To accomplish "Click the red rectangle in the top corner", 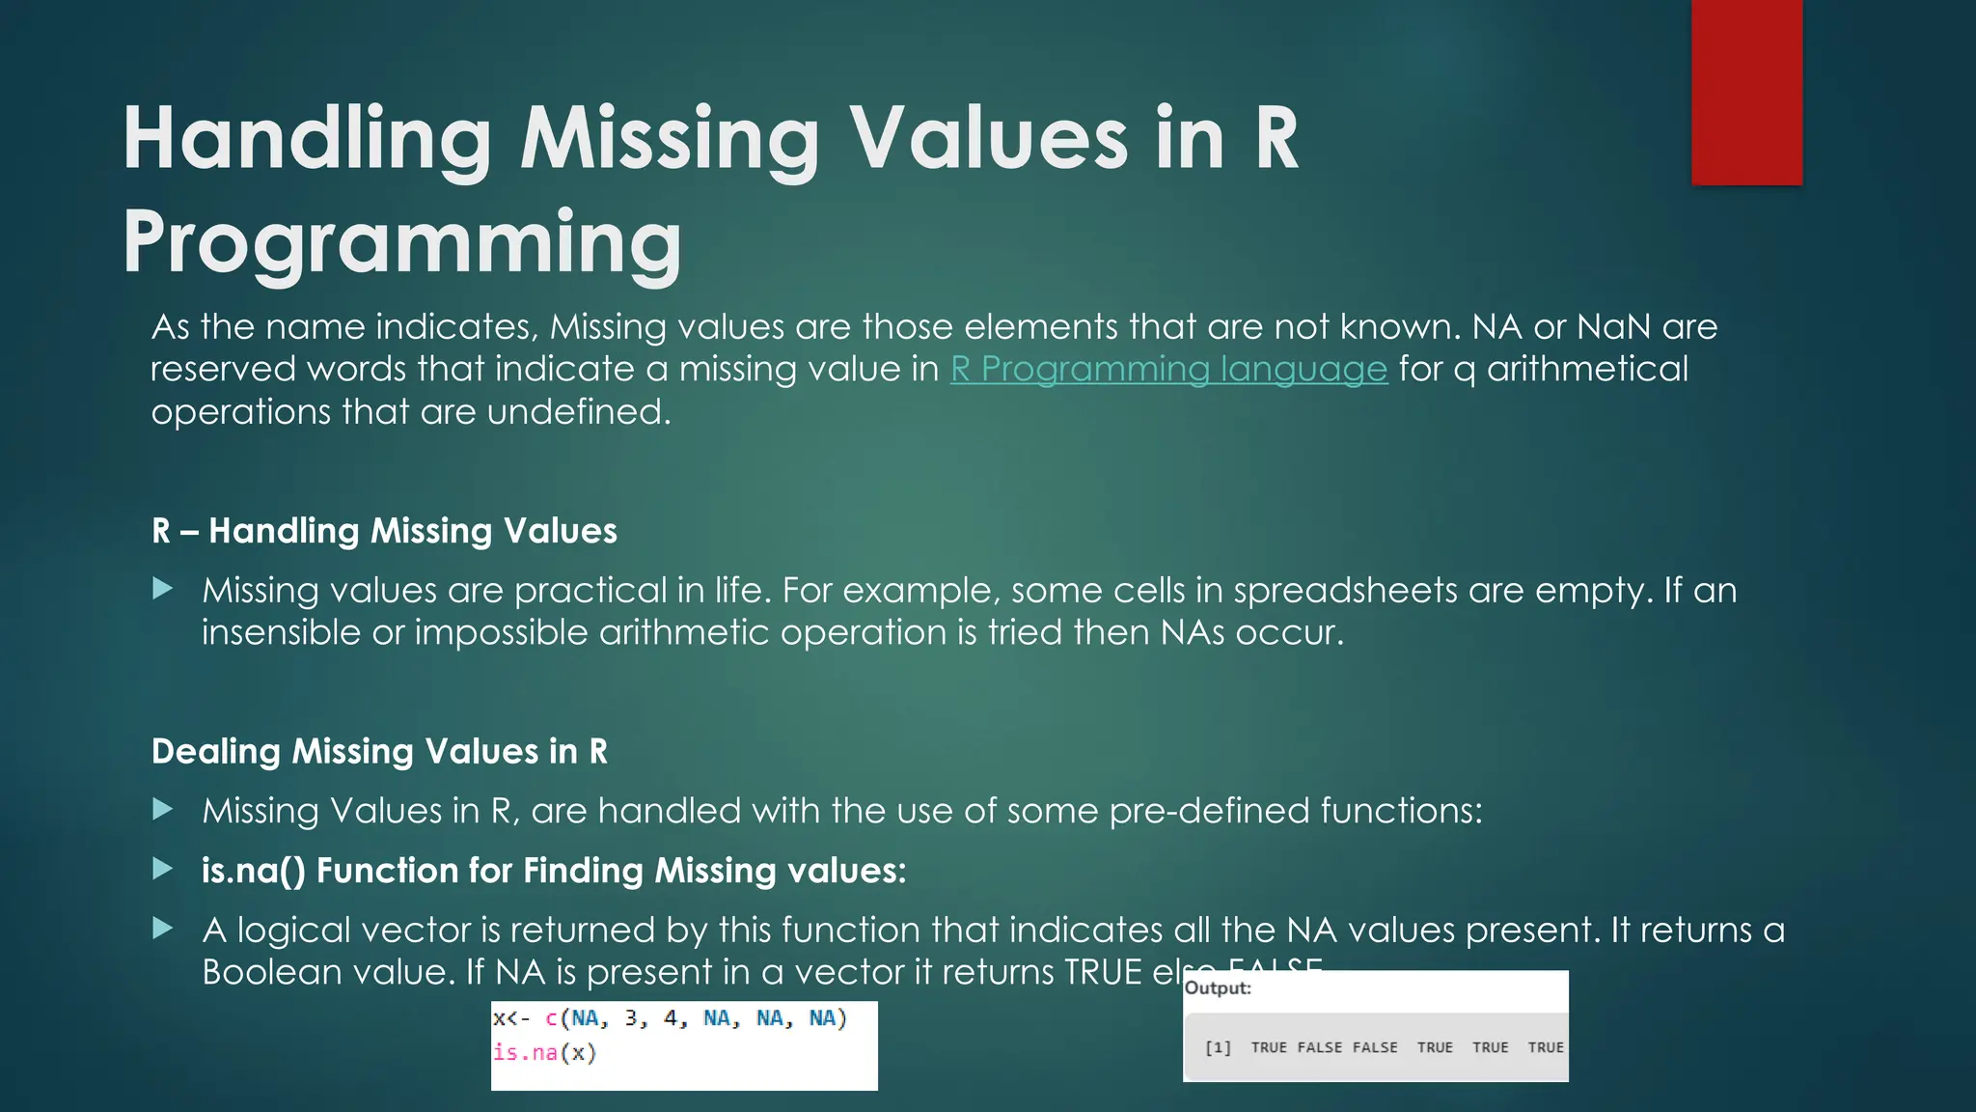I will click(x=1746, y=92).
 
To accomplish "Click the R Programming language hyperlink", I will click(x=1168, y=369).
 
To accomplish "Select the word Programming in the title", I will click(x=402, y=242).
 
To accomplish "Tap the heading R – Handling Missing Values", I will click(x=384, y=531).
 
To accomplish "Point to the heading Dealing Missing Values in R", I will click(x=379, y=752).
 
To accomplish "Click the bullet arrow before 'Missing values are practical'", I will click(x=163, y=589).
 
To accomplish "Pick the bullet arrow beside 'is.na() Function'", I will click(x=163, y=870).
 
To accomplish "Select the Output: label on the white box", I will click(x=1218, y=988).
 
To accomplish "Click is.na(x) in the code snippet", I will click(x=545, y=1052).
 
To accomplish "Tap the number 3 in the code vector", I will click(x=631, y=1018).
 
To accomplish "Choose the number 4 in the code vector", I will click(x=671, y=1018).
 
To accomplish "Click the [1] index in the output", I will click(x=1218, y=1047).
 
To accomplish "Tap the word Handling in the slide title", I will click(x=308, y=139).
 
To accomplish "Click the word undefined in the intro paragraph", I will click(x=578, y=412).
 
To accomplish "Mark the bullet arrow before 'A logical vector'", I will click(x=163, y=929).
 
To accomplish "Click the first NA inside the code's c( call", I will click(x=585, y=1018).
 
